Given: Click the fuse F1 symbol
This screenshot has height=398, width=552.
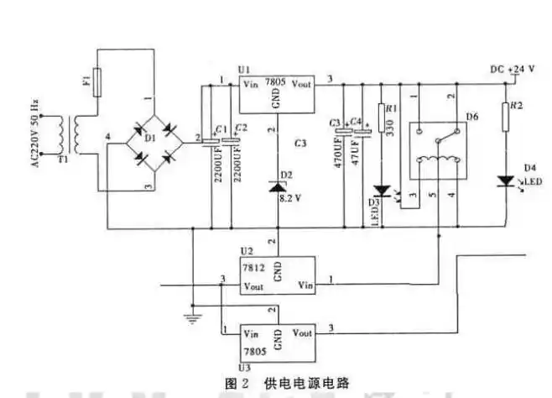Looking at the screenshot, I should tap(98, 82).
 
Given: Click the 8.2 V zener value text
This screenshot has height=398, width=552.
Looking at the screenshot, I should tap(290, 198).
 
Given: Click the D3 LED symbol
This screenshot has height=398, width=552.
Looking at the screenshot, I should tap(382, 191).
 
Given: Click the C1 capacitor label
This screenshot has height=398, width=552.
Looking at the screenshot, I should tap(219, 128).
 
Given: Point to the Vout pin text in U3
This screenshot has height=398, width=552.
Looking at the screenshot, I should tap(302, 333).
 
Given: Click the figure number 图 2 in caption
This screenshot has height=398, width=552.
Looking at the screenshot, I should tap(234, 383).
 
